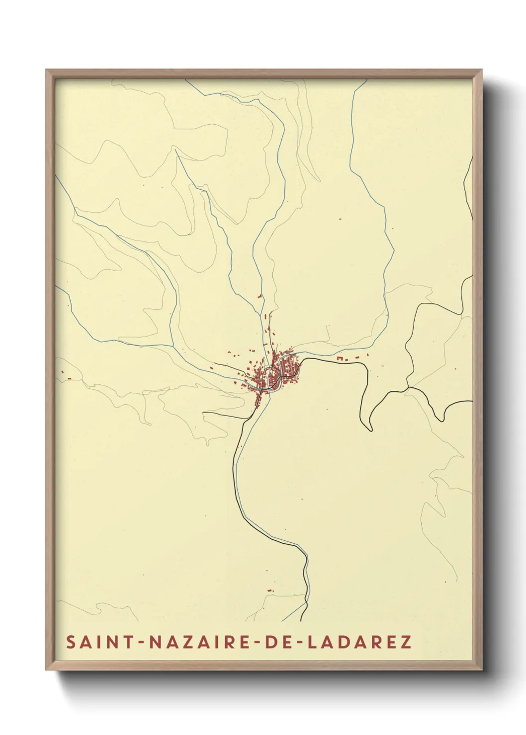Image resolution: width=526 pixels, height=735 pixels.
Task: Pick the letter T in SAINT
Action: [129, 642]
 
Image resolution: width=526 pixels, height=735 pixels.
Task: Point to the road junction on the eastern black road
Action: [408, 387]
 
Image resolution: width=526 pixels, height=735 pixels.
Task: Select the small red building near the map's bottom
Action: [270, 590]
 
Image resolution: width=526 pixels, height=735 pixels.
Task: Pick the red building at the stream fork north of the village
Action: [259, 296]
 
